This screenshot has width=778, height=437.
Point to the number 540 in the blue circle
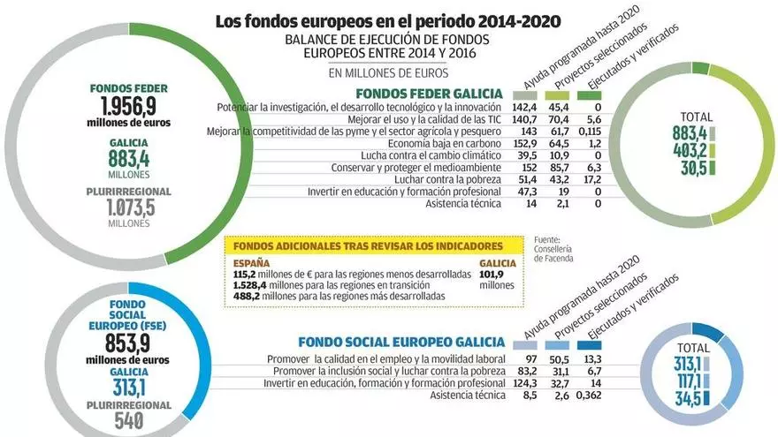click(130, 420)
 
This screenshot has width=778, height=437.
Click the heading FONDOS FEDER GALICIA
click(428, 94)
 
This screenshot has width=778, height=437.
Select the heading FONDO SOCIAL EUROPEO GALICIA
click(401, 342)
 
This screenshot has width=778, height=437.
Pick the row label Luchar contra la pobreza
click(447, 179)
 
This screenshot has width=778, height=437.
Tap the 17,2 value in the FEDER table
click(593, 179)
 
